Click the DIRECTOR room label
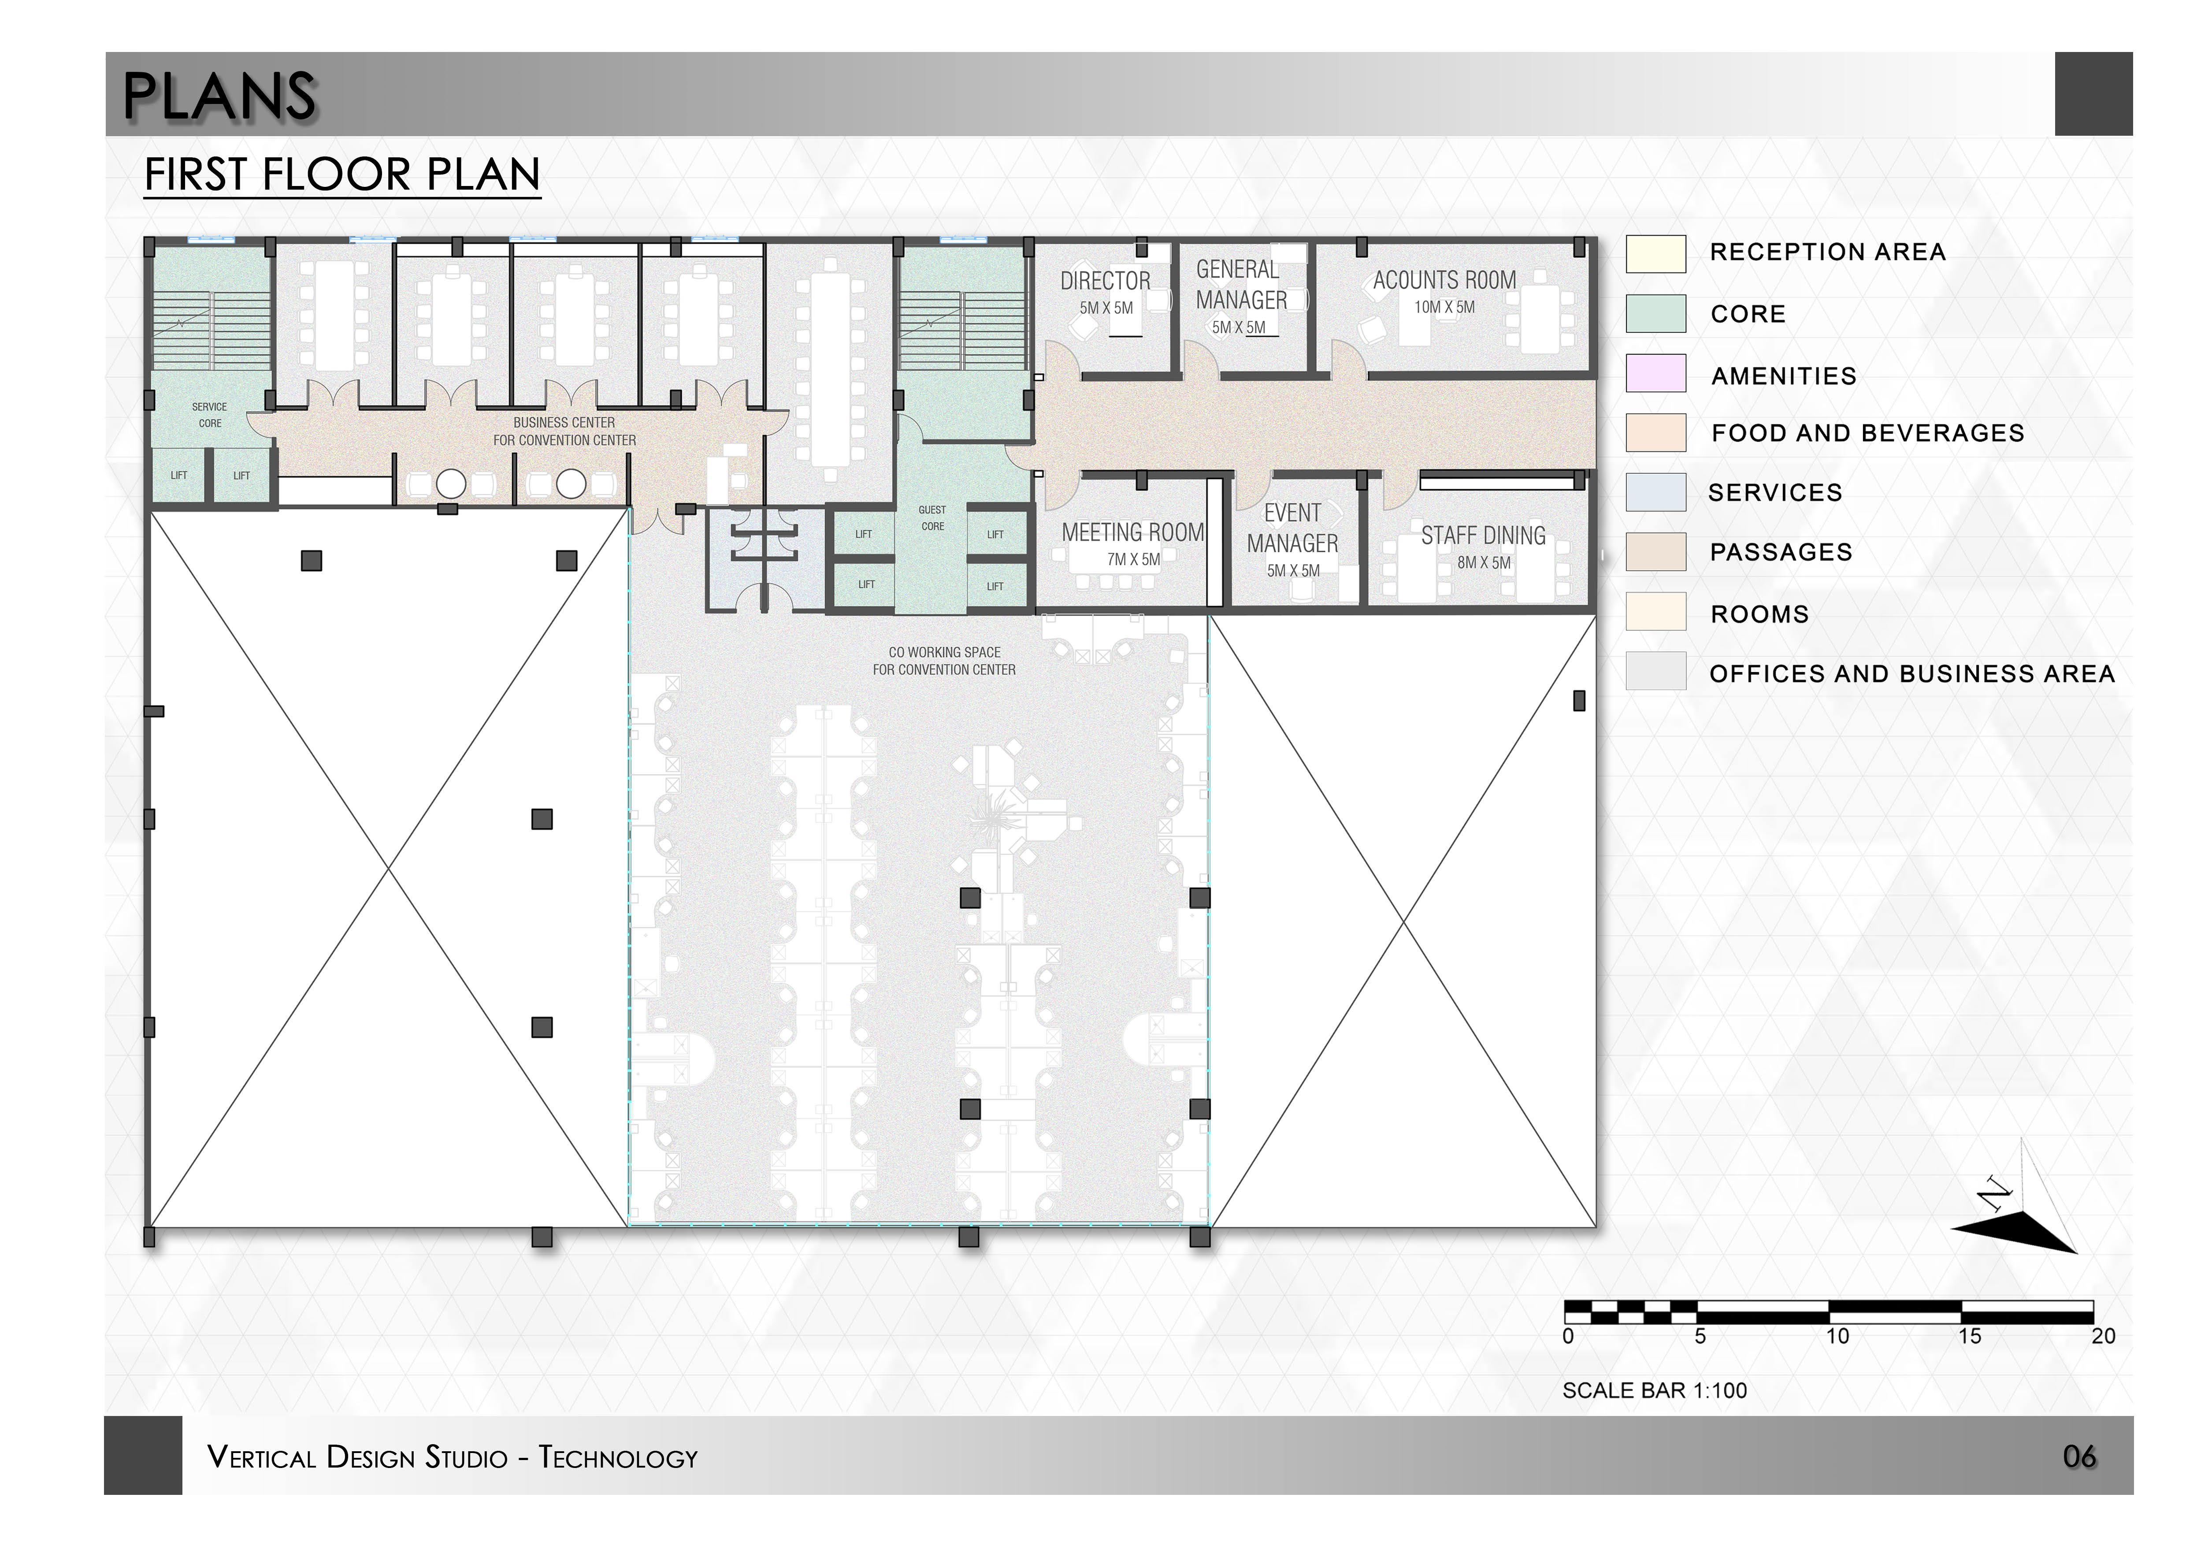[x=1106, y=281]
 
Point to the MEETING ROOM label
[x=1133, y=532]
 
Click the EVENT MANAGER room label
[x=1292, y=528]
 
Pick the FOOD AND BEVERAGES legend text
[x=1867, y=433]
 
